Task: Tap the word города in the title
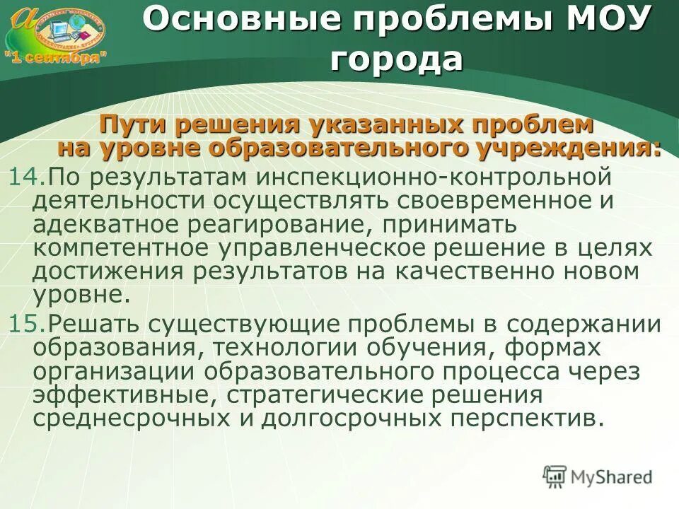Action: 396,59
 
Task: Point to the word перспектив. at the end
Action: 523,419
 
